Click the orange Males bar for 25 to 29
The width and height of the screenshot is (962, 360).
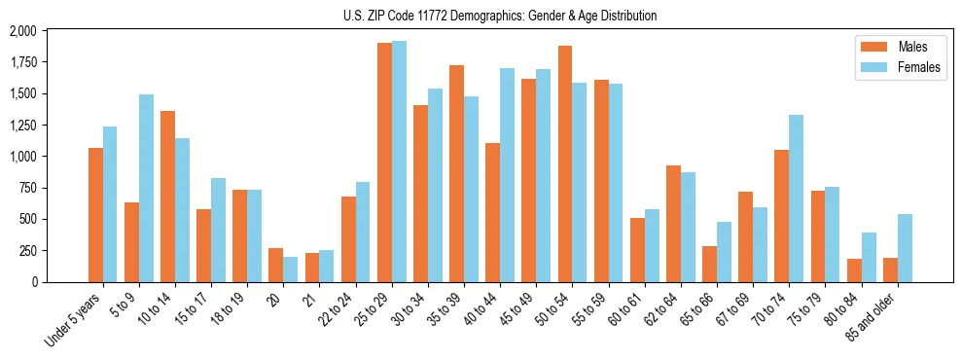point(385,162)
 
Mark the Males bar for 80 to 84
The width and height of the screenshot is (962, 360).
point(854,270)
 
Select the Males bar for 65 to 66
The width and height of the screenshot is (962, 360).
point(710,264)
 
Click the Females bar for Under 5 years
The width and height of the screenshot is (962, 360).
point(110,204)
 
